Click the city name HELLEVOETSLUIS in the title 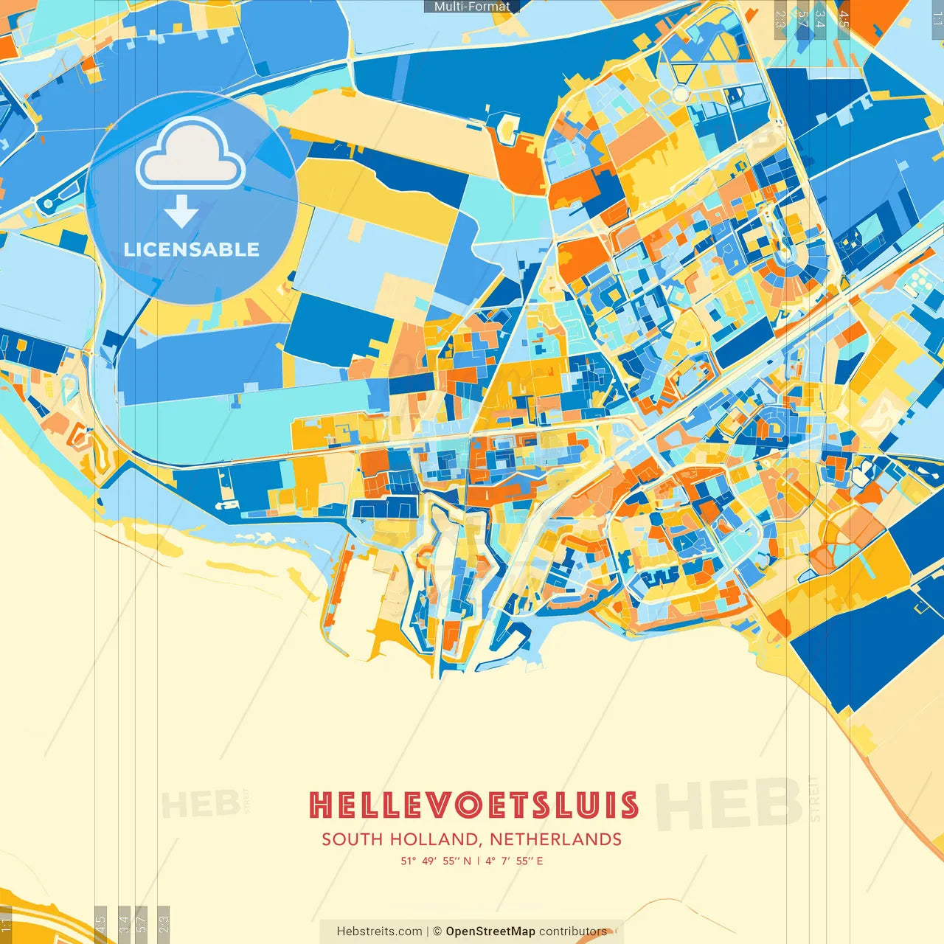pyautogui.click(x=473, y=805)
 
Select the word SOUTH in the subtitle pyautogui.click(x=353, y=839)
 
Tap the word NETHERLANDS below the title pyautogui.click(x=555, y=839)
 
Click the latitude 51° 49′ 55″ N pyautogui.click(x=436, y=861)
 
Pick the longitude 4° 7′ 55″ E pyautogui.click(x=514, y=861)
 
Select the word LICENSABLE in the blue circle pyautogui.click(x=192, y=249)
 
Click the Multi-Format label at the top pyautogui.click(x=472, y=7)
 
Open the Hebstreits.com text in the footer pyautogui.click(x=379, y=931)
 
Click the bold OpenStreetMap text pyautogui.click(x=490, y=931)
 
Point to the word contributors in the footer pyautogui.click(x=573, y=931)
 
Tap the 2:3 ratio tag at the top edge pyautogui.click(x=780, y=18)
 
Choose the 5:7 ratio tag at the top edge pyautogui.click(x=802, y=18)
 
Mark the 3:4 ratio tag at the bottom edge pyautogui.click(x=124, y=924)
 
